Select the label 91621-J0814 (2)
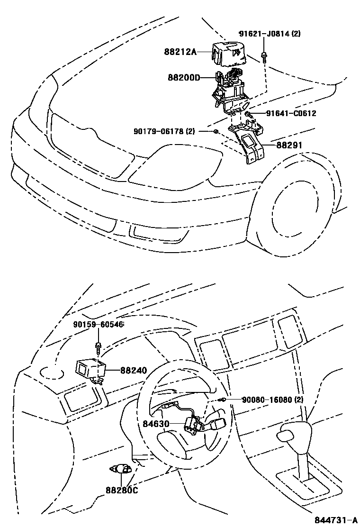coord(269,34)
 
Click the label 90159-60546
coord(98,325)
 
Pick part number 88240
coord(134,371)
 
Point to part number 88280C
coord(121,490)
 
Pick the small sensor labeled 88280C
coord(121,470)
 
